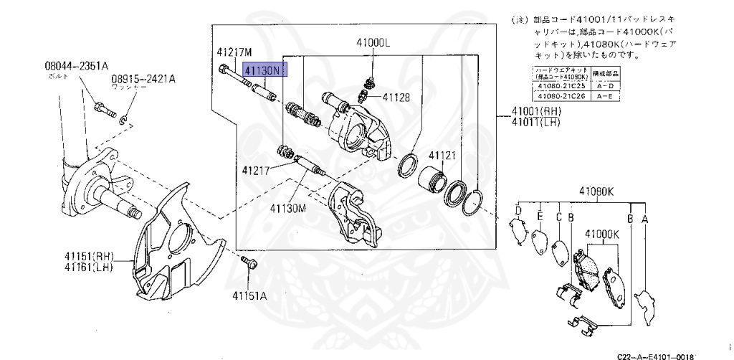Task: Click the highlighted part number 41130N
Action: (x=264, y=70)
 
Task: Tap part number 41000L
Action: (x=373, y=42)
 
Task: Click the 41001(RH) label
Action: (x=535, y=112)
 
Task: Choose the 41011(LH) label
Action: (x=535, y=123)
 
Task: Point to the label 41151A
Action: (x=249, y=295)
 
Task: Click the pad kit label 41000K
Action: (x=601, y=234)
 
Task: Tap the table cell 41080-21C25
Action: (x=560, y=86)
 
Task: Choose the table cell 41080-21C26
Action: (x=560, y=95)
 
